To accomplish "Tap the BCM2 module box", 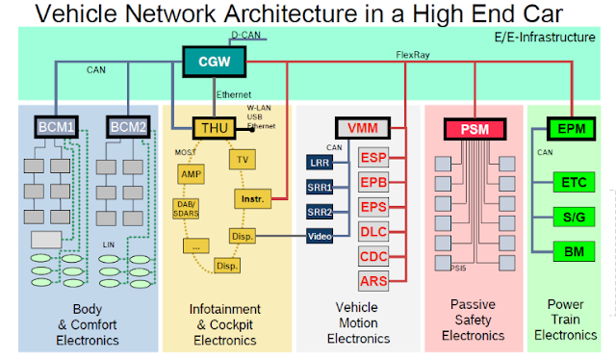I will tap(127, 126).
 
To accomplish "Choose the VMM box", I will tap(362, 127).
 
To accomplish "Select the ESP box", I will tap(373, 157).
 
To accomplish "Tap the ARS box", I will tap(373, 281).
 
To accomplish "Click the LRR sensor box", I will tap(319, 162).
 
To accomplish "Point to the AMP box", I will tap(190, 173).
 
